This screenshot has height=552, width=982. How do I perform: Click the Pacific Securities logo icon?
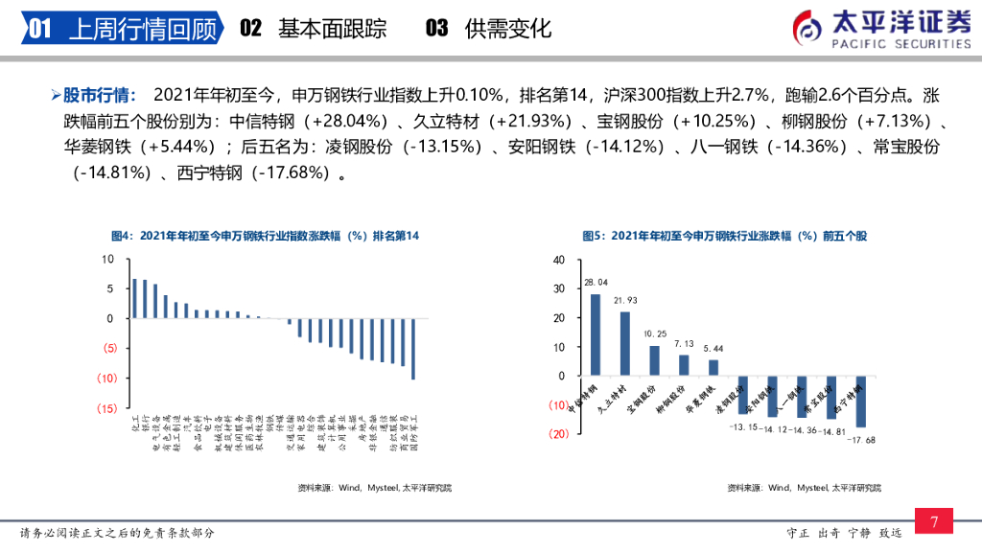click(807, 28)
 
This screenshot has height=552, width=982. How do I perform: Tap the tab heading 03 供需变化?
click(489, 29)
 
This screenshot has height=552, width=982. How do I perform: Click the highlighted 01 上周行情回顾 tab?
click(122, 30)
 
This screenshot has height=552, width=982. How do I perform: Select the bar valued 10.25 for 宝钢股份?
click(654, 360)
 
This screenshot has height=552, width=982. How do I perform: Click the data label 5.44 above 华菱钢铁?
click(713, 349)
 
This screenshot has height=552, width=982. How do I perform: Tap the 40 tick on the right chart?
click(560, 260)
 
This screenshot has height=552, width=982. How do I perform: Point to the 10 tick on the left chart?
click(108, 259)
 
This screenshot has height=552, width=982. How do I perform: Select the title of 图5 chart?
click(724, 236)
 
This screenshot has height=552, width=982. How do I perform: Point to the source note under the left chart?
click(374, 488)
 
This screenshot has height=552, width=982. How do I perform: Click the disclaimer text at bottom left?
click(117, 533)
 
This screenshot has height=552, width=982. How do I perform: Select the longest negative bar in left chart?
click(413, 349)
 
